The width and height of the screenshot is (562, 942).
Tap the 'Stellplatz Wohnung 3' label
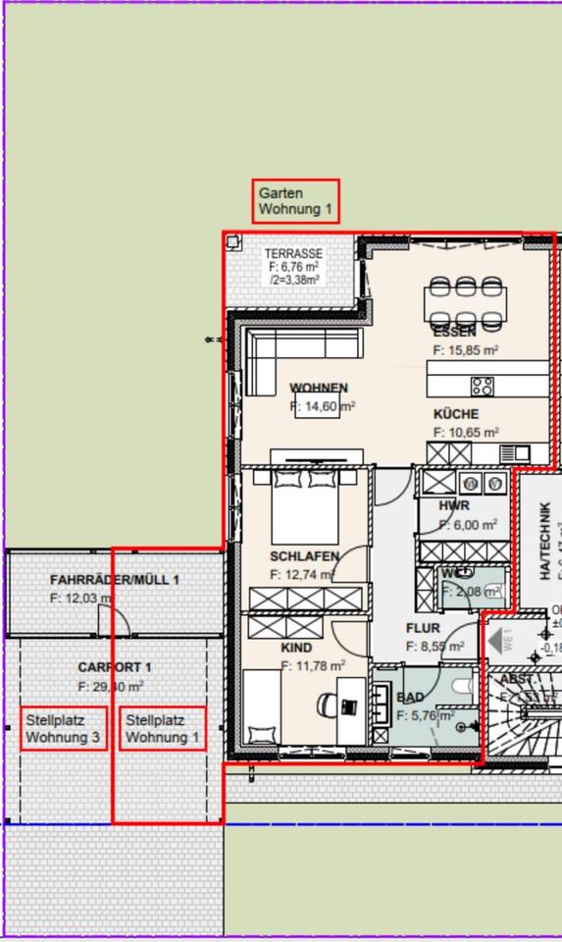(x=64, y=729)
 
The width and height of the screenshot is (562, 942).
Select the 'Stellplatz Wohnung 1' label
(x=163, y=729)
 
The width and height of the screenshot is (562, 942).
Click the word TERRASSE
(x=293, y=254)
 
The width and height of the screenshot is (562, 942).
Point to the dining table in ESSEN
(x=466, y=303)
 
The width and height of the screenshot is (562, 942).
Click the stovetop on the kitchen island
(x=483, y=386)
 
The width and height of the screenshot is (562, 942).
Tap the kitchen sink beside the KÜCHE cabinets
(x=515, y=453)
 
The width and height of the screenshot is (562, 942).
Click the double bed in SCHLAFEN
(x=305, y=505)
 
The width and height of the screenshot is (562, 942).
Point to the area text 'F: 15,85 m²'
(x=466, y=349)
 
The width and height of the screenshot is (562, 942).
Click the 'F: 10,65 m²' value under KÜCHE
(x=466, y=432)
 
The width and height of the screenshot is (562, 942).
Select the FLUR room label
(x=423, y=628)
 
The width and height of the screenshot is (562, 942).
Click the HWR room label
(x=455, y=506)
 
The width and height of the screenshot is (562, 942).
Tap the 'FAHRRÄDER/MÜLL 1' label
(x=114, y=580)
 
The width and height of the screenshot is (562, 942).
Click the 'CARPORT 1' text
(x=115, y=667)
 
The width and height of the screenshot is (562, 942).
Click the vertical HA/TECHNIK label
(x=545, y=540)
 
